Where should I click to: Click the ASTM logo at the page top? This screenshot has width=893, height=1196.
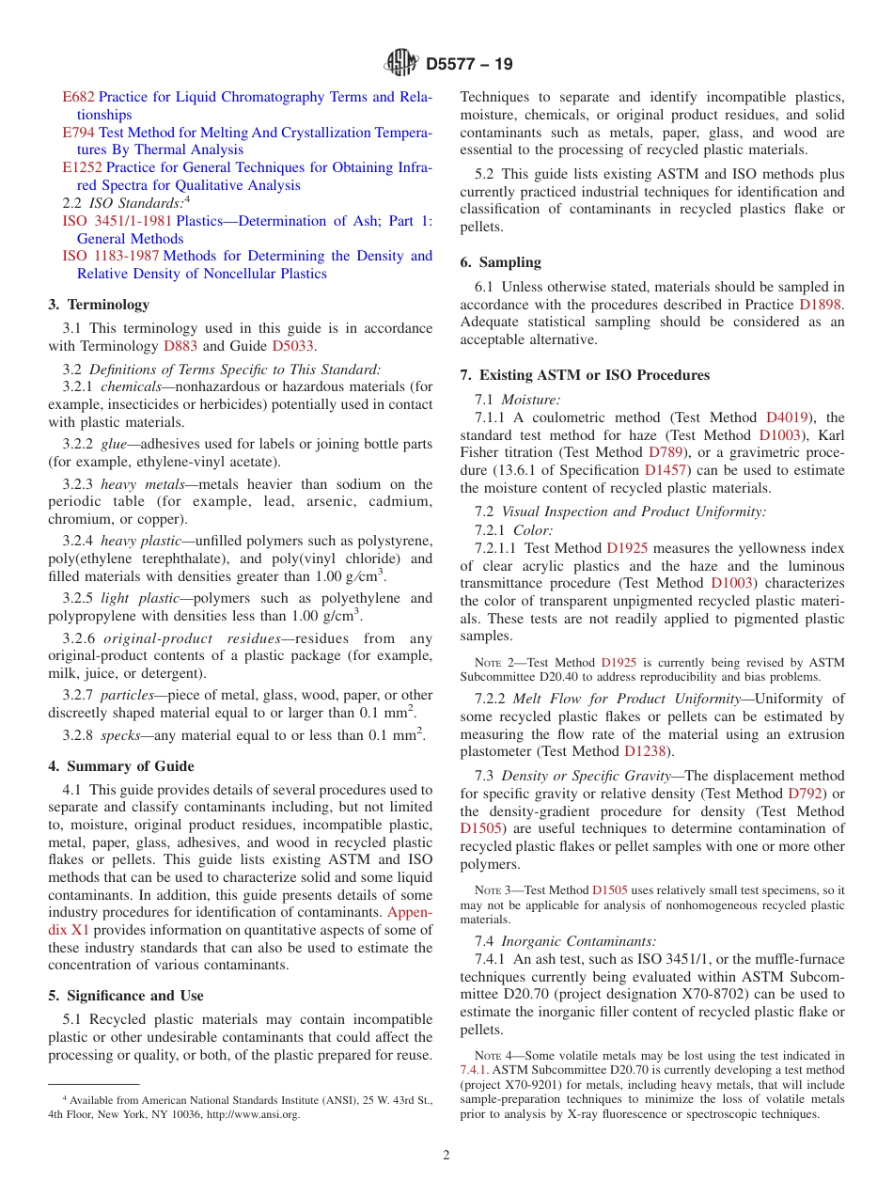point(401,64)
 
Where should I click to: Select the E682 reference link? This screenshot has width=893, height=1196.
point(78,97)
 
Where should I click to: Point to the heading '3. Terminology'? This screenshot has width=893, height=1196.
point(99,305)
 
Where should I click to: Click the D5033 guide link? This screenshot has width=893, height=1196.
point(293,346)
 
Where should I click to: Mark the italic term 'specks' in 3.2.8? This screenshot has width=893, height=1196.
point(120,734)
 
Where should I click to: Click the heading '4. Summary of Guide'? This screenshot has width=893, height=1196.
point(121,766)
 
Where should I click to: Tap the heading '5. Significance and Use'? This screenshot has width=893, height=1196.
point(126,996)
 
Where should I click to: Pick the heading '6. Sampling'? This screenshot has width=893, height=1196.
point(500,262)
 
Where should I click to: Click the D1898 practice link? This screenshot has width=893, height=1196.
point(820,305)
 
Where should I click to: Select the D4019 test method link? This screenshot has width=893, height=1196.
point(786,417)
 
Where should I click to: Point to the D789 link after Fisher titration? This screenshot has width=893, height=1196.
point(667,452)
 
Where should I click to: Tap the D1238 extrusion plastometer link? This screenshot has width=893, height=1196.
point(645,751)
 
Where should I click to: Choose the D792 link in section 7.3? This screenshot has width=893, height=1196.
point(805,794)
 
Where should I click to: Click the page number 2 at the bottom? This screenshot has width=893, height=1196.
point(446,1156)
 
